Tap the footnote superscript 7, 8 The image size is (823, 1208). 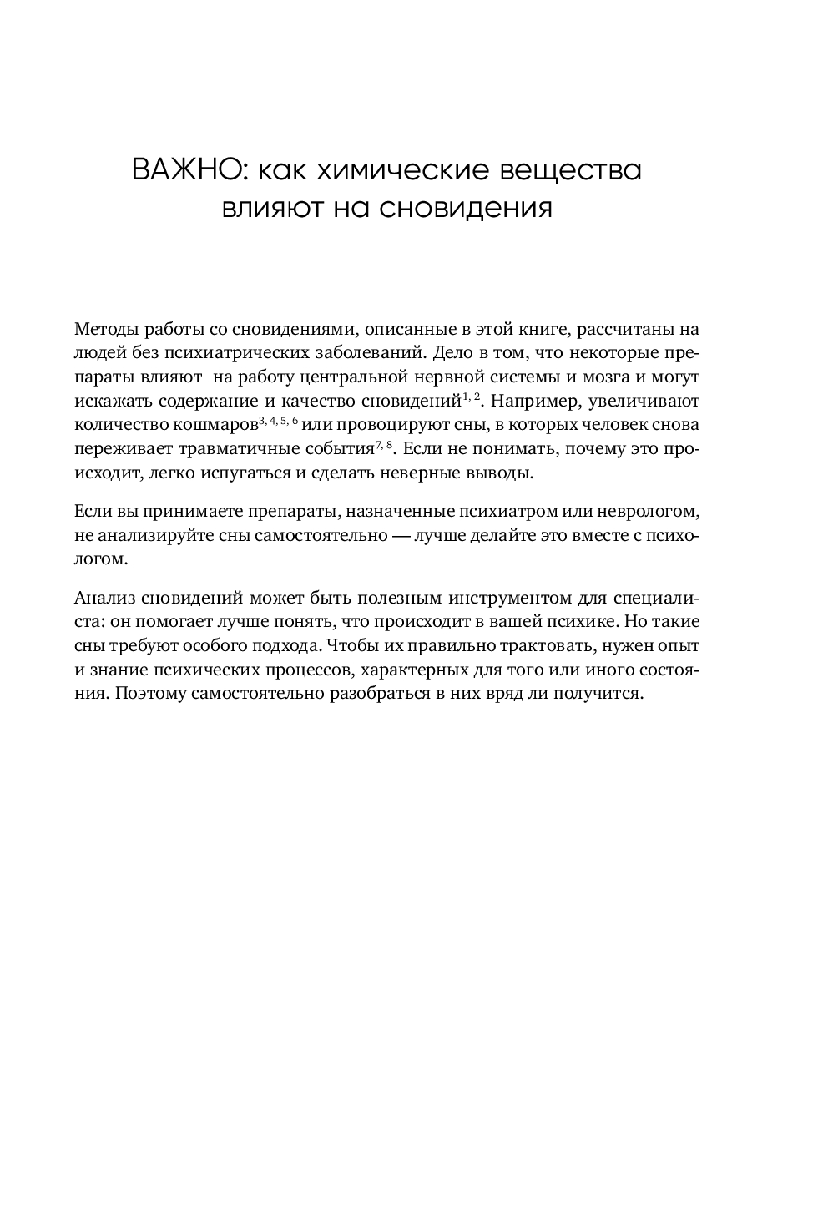click(x=384, y=444)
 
